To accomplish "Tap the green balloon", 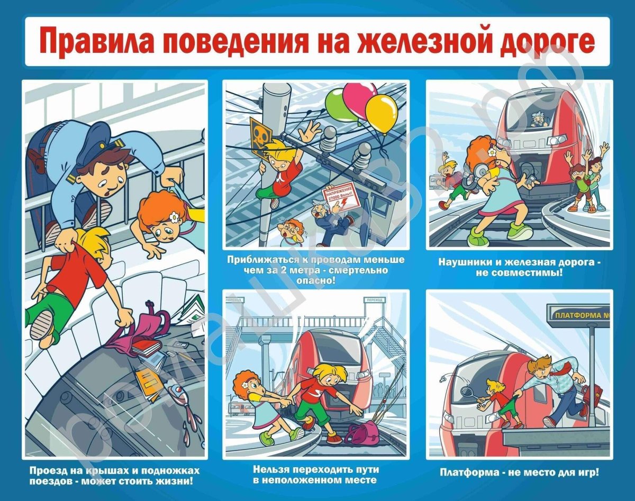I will coord(337,105).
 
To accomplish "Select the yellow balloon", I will coord(382,113).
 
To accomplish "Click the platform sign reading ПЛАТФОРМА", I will coord(580,315).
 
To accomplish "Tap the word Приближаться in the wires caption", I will coord(258,260).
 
